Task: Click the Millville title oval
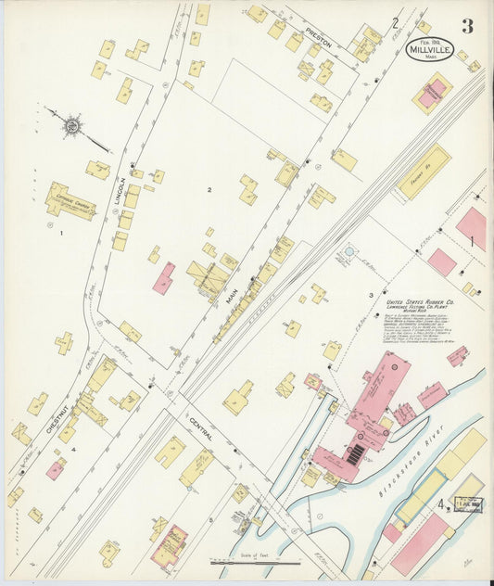[430, 48]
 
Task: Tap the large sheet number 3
[467, 27]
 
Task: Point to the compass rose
[71, 123]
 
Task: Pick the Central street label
[206, 428]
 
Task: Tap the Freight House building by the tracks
[424, 172]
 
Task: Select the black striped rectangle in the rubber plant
[356, 452]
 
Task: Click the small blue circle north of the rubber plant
[348, 250]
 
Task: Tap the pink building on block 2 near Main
[164, 278]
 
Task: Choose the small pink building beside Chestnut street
[56, 470]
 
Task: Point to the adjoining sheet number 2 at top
[395, 22]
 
